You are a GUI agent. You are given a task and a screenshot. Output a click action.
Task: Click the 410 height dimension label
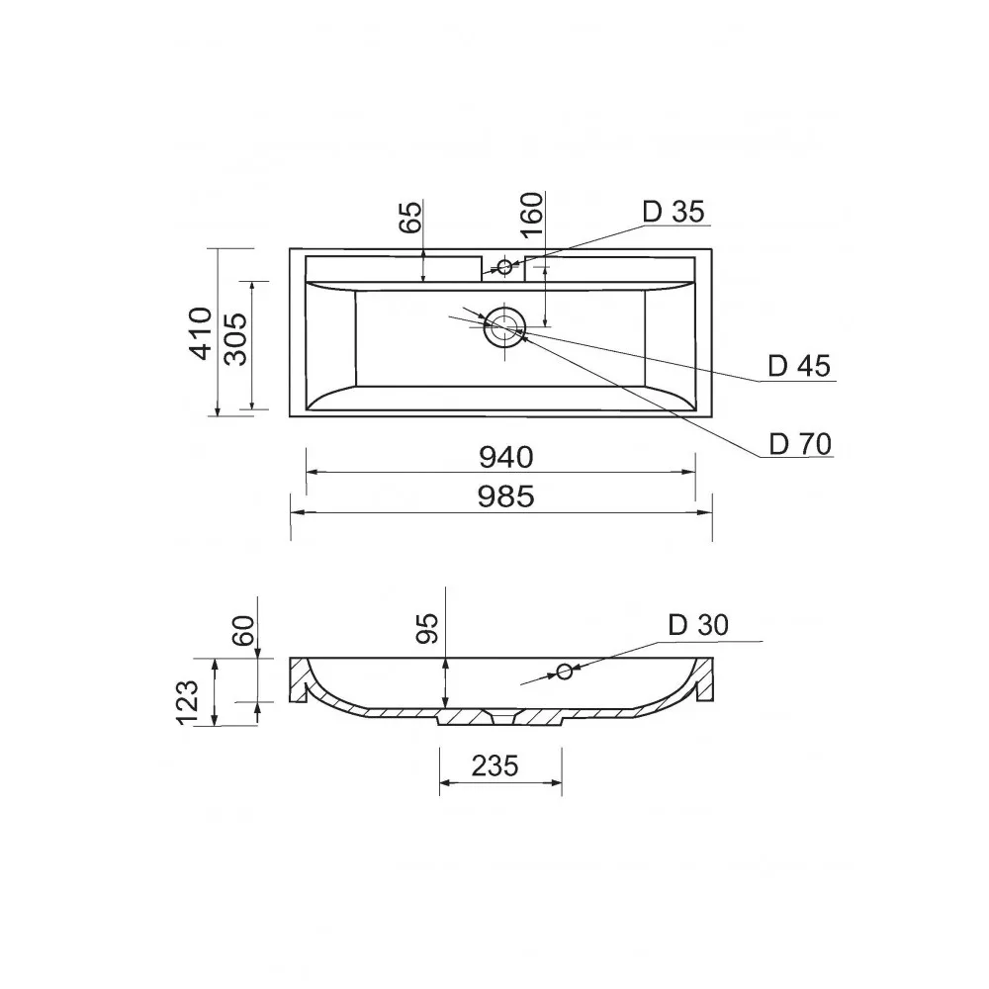201,333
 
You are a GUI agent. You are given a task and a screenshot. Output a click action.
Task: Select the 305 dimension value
236,339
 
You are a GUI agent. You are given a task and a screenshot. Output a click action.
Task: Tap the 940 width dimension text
505,457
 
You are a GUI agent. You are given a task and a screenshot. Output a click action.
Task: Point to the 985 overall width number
505,497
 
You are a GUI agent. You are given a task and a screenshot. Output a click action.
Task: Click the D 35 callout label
674,212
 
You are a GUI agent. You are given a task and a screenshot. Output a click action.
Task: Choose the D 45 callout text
799,367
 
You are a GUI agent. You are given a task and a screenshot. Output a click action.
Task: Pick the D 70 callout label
800,445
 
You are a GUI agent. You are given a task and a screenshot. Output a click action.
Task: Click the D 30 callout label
698,625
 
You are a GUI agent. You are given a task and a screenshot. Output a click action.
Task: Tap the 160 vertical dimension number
532,215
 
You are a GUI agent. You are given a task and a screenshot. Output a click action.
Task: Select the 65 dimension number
410,217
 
